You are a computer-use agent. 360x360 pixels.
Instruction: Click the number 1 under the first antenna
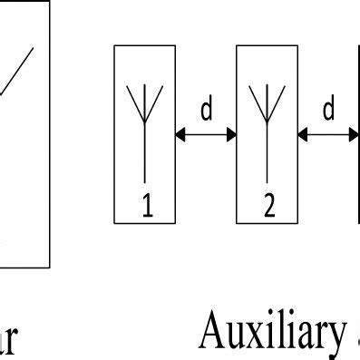point(147,209)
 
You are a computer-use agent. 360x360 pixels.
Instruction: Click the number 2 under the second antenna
point(268,209)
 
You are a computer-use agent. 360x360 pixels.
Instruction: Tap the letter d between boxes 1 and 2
point(206,111)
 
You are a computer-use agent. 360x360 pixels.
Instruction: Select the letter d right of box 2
point(328,111)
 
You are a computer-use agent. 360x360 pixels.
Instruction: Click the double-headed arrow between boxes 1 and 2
point(206,134)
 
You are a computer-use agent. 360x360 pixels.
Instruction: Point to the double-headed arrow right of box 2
point(328,134)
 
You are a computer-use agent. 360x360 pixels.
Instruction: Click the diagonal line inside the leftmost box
point(16,71)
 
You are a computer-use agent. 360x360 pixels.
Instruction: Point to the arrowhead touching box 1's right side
point(180,134)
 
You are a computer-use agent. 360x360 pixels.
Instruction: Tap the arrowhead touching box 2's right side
point(303,134)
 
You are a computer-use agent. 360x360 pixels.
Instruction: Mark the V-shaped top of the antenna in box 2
point(268,98)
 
